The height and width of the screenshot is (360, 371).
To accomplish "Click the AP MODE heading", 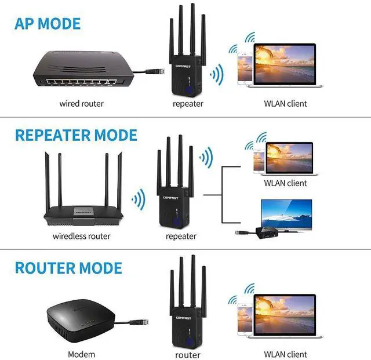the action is coord(48,24).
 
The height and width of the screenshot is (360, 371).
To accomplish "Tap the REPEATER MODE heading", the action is coord(76,135).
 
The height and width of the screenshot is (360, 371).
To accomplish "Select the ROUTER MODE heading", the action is coord(68,268).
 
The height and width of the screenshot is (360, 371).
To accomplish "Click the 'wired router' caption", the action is coord(81,104).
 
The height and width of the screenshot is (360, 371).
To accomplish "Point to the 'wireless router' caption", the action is coord(81,236).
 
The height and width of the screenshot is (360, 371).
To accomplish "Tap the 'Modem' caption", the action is coord(81,354).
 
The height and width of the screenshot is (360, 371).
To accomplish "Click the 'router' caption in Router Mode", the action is coord(188,355).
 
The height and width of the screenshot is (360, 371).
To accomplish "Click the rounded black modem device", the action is coord(81,321).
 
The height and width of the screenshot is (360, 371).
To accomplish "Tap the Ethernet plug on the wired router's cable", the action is coord(155,71).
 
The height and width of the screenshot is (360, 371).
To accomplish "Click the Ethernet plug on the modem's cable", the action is coord(139,322).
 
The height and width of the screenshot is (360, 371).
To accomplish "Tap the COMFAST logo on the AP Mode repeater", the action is coord(183,66).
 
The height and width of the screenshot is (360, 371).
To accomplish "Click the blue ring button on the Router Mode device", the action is coord(189,341).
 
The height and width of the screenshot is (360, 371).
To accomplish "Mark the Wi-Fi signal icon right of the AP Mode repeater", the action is coord(217,75).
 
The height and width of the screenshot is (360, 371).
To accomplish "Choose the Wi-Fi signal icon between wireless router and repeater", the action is coord(139,199).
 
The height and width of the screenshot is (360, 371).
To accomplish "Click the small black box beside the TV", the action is coord(267,232).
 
